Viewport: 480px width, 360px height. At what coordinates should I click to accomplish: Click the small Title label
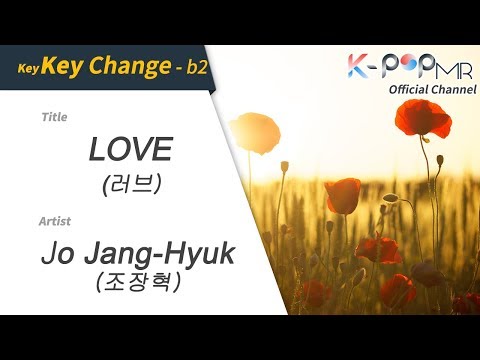tap(54, 117)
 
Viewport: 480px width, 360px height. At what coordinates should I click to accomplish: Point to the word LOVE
tap(130, 150)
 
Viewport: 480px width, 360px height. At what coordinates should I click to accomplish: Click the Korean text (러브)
tap(130, 184)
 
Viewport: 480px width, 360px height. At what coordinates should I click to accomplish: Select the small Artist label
tap(56, 219)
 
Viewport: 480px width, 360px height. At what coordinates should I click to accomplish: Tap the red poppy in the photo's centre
tap(343, 194)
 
